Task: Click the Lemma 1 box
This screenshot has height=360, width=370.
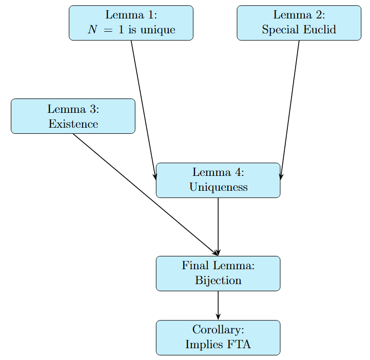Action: click(x=131, y=23)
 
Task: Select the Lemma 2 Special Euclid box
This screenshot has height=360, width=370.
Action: click(x=299, y=23)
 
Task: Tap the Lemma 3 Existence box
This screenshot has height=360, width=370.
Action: click(x=73, y=116)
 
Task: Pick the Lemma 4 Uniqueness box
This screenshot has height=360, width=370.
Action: click(x=218, y=180)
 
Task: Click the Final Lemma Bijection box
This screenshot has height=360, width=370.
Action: click(x=218, y=273)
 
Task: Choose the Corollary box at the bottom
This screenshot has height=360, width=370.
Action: click(x=218, y=337)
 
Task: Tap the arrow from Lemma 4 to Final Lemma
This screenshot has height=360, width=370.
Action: click(x=218, y=226)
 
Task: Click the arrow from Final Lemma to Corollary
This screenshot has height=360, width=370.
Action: click(x=218, y=305)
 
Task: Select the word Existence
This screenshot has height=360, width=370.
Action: click(x=73, y=124)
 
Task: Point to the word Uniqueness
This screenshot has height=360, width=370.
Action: click(x=218, y=187)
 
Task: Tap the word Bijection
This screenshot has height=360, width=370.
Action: click(x=218, y=281)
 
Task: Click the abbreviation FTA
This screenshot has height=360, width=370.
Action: click(x=238, y=344)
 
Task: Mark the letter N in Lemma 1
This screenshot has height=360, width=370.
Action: click(x=92, y=30)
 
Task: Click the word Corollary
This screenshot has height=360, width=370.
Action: click(x=218, y=329)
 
